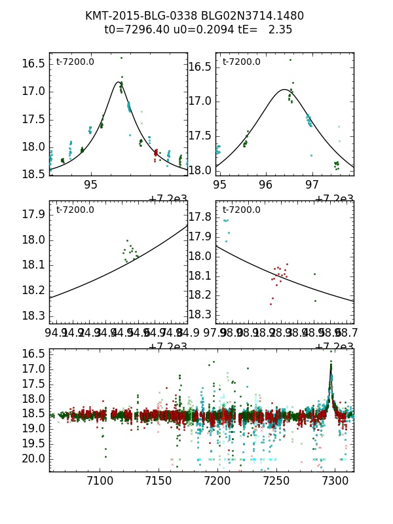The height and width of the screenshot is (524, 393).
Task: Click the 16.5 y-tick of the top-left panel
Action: click(x=33, y=64)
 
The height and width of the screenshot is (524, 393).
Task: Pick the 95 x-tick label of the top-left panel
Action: click(x=91, y=185)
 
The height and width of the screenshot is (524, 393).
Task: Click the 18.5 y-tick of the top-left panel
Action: click(x=33, y=174)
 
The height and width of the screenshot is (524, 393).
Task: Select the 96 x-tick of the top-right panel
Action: click(x=266, y=185)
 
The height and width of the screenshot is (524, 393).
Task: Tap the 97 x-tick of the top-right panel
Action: click(x=312, y=185)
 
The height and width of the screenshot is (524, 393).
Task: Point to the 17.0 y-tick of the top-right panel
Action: click(x=200, y=101)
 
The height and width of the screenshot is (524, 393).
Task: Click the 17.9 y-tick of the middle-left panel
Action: click(x=33, y=215)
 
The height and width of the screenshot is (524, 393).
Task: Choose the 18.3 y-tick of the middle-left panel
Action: click(x=33, y=316)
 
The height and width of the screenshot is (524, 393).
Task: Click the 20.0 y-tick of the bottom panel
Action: click(x=33, y=458)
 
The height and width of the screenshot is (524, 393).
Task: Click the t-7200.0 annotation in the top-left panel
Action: click(x=75, y=62)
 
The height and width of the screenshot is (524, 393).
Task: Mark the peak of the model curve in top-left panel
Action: click(x=119, y=82)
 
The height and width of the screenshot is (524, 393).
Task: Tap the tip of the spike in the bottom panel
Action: click(x=331, y=361)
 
